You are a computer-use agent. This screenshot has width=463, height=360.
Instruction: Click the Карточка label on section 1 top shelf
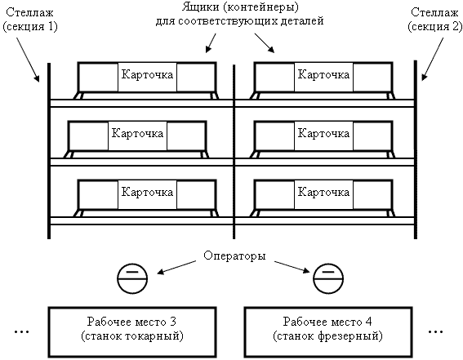(x=147, y=74)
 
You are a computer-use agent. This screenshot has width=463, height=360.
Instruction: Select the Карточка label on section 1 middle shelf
(x=137, y=133)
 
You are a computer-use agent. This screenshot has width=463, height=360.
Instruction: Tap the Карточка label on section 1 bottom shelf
(x=147, y=192)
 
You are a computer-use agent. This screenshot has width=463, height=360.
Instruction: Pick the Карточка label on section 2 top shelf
(x=323, y=74)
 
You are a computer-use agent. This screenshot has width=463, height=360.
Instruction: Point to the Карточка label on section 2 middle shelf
(x=323, y=133)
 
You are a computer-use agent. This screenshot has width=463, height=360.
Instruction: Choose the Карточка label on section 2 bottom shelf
(x=323, y=192)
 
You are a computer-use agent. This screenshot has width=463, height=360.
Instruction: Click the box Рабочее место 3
(x=132, y=332)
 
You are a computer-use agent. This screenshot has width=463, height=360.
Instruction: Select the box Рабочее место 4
(x=328, y=332)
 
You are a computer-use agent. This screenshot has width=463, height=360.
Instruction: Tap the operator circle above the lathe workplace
(x=132, y=278)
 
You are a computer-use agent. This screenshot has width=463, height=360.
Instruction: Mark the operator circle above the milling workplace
(x=328, y=278)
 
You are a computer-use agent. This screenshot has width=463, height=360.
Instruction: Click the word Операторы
(x=234, y=256)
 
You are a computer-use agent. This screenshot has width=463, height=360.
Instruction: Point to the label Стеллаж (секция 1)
(x=30, y=20)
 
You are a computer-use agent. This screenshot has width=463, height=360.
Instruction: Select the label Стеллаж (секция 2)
(x=435, y=20)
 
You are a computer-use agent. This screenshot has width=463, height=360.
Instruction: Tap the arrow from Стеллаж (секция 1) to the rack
(x=28, y=60)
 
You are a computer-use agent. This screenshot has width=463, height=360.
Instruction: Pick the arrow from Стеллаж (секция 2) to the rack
(x=433, y=59)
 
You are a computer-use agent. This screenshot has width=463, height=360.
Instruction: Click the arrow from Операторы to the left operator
(x=176, y=267)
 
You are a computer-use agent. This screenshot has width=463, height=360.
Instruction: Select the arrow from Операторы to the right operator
(x=292, y=266)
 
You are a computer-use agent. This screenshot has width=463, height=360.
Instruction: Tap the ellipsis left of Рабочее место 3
(x=22, y=332)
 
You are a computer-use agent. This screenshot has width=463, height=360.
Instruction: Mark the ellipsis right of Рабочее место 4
(x=435, y=332)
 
